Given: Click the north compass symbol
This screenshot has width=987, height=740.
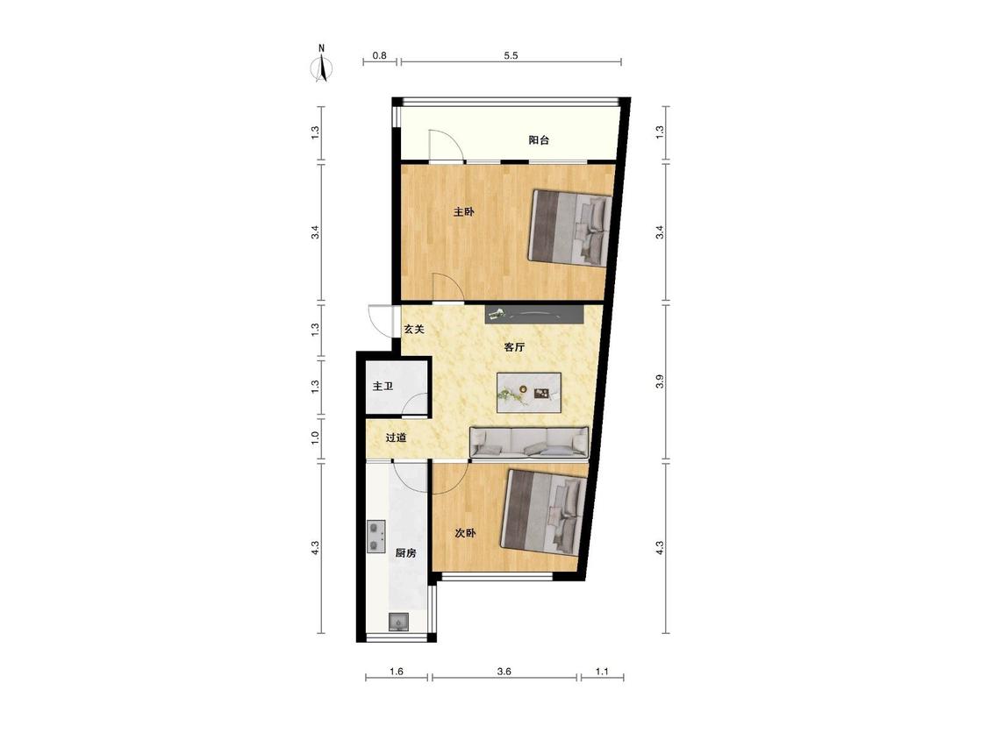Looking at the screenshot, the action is pos(322,65).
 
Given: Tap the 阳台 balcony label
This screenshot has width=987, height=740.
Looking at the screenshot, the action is pos(539,140).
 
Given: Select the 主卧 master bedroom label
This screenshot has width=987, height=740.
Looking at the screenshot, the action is pos(464,212).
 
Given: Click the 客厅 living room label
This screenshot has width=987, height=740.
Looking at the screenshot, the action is pos(514,346).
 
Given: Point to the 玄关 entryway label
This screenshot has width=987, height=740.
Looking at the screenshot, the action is pos(414,329).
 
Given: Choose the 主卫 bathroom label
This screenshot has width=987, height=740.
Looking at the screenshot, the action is pos(383,386).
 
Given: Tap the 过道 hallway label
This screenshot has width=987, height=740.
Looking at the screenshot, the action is pos(396,438).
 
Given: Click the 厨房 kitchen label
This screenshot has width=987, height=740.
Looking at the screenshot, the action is pos(406,554).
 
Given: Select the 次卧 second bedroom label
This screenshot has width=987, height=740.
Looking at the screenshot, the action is pos(465,533).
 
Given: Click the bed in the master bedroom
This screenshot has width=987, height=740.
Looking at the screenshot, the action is pos(570,227).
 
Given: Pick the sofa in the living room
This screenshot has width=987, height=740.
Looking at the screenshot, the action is pos(529,441).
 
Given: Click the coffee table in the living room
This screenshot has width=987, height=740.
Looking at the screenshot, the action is pos(529,394).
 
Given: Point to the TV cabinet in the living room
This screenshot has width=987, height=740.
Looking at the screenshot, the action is pos(534,314).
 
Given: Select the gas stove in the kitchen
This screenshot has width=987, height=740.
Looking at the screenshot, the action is pos(375,537).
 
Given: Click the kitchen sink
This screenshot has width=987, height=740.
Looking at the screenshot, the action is pos(398,622).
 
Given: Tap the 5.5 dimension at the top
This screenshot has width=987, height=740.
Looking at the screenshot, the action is pos(511,55).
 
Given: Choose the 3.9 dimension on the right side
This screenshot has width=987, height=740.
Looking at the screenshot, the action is pos(659,381).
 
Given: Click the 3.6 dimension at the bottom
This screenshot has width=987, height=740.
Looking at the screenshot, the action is pos(504,672).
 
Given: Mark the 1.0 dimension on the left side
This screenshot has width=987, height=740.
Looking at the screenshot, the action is pos(315,437).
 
